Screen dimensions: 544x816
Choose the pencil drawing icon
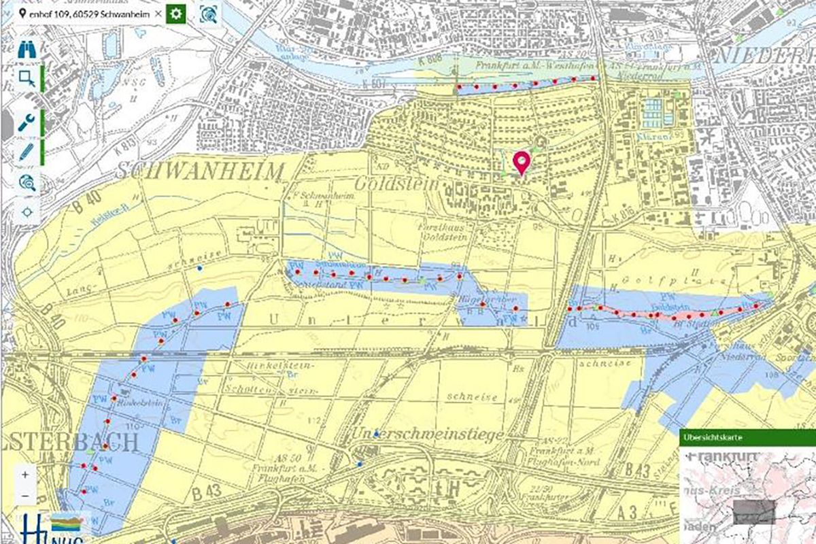pos(27,151)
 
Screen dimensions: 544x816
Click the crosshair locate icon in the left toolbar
pos(27,211)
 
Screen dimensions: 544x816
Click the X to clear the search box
pos(158,14)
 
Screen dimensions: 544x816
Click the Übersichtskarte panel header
pos(747,438)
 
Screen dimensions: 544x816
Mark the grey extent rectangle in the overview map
pos(755,510)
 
